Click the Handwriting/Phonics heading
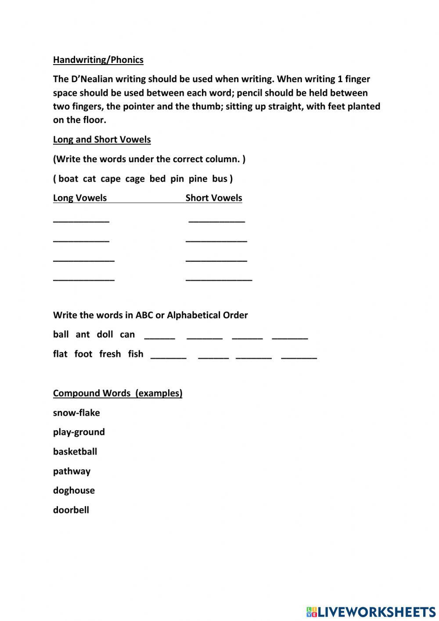coord(98,60)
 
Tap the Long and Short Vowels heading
coord(102,139)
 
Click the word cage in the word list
coord(135,178)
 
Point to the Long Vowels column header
coord(80,198)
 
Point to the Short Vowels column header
coord(214,198)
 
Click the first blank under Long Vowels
coord(81,220)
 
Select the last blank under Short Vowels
coord(219,279)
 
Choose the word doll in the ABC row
coord(105,334)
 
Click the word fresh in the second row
coord(110,354)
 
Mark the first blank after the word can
coord(159,338)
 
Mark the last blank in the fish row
coord(299,357)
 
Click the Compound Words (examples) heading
coord(118,393)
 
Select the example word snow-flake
coord(76,413)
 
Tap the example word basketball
coord(75,451)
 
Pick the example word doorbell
coord(71,510)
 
